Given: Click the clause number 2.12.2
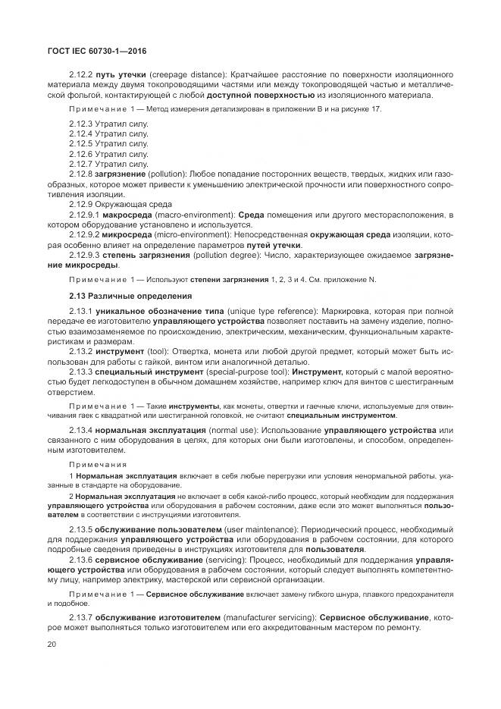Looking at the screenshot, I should (80, 75).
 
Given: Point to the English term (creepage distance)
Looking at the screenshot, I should (186, 75).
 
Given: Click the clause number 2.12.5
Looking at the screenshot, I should (80, 143).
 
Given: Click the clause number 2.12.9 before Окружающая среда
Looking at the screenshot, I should (80, 205).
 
